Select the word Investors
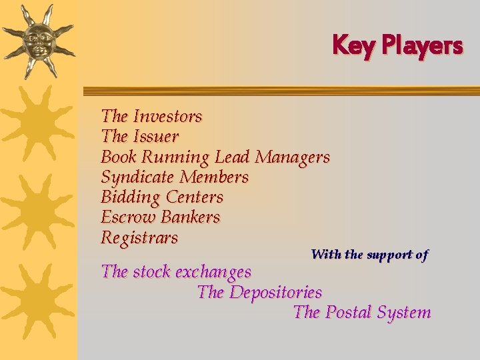click(x=167, y=116)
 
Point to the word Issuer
click(x=156, y=137)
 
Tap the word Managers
click(x=293, y=157)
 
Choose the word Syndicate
click(x=137, y=177)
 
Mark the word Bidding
click(x=131, y=197)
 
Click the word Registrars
click(x=139, y=237)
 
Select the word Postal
click(x=348, y=312)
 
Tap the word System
click(x=403, y=312)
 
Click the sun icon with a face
click(x=38, y=40)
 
